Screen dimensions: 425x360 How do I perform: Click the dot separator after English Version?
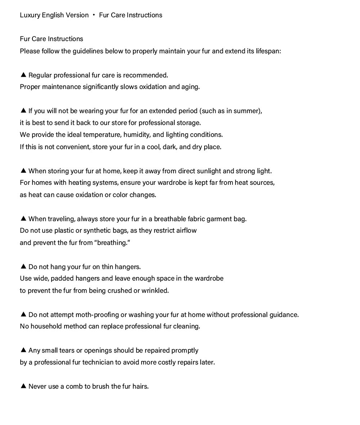click(x=94, y=15)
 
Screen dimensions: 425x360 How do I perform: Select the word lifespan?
click(x=268, y=51)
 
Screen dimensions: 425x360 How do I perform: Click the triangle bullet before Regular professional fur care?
click(x=23, y=75)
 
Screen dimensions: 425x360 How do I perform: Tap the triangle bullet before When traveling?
click(x=23, y=219)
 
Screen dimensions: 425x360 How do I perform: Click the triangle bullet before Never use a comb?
click(x=23, y=386)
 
